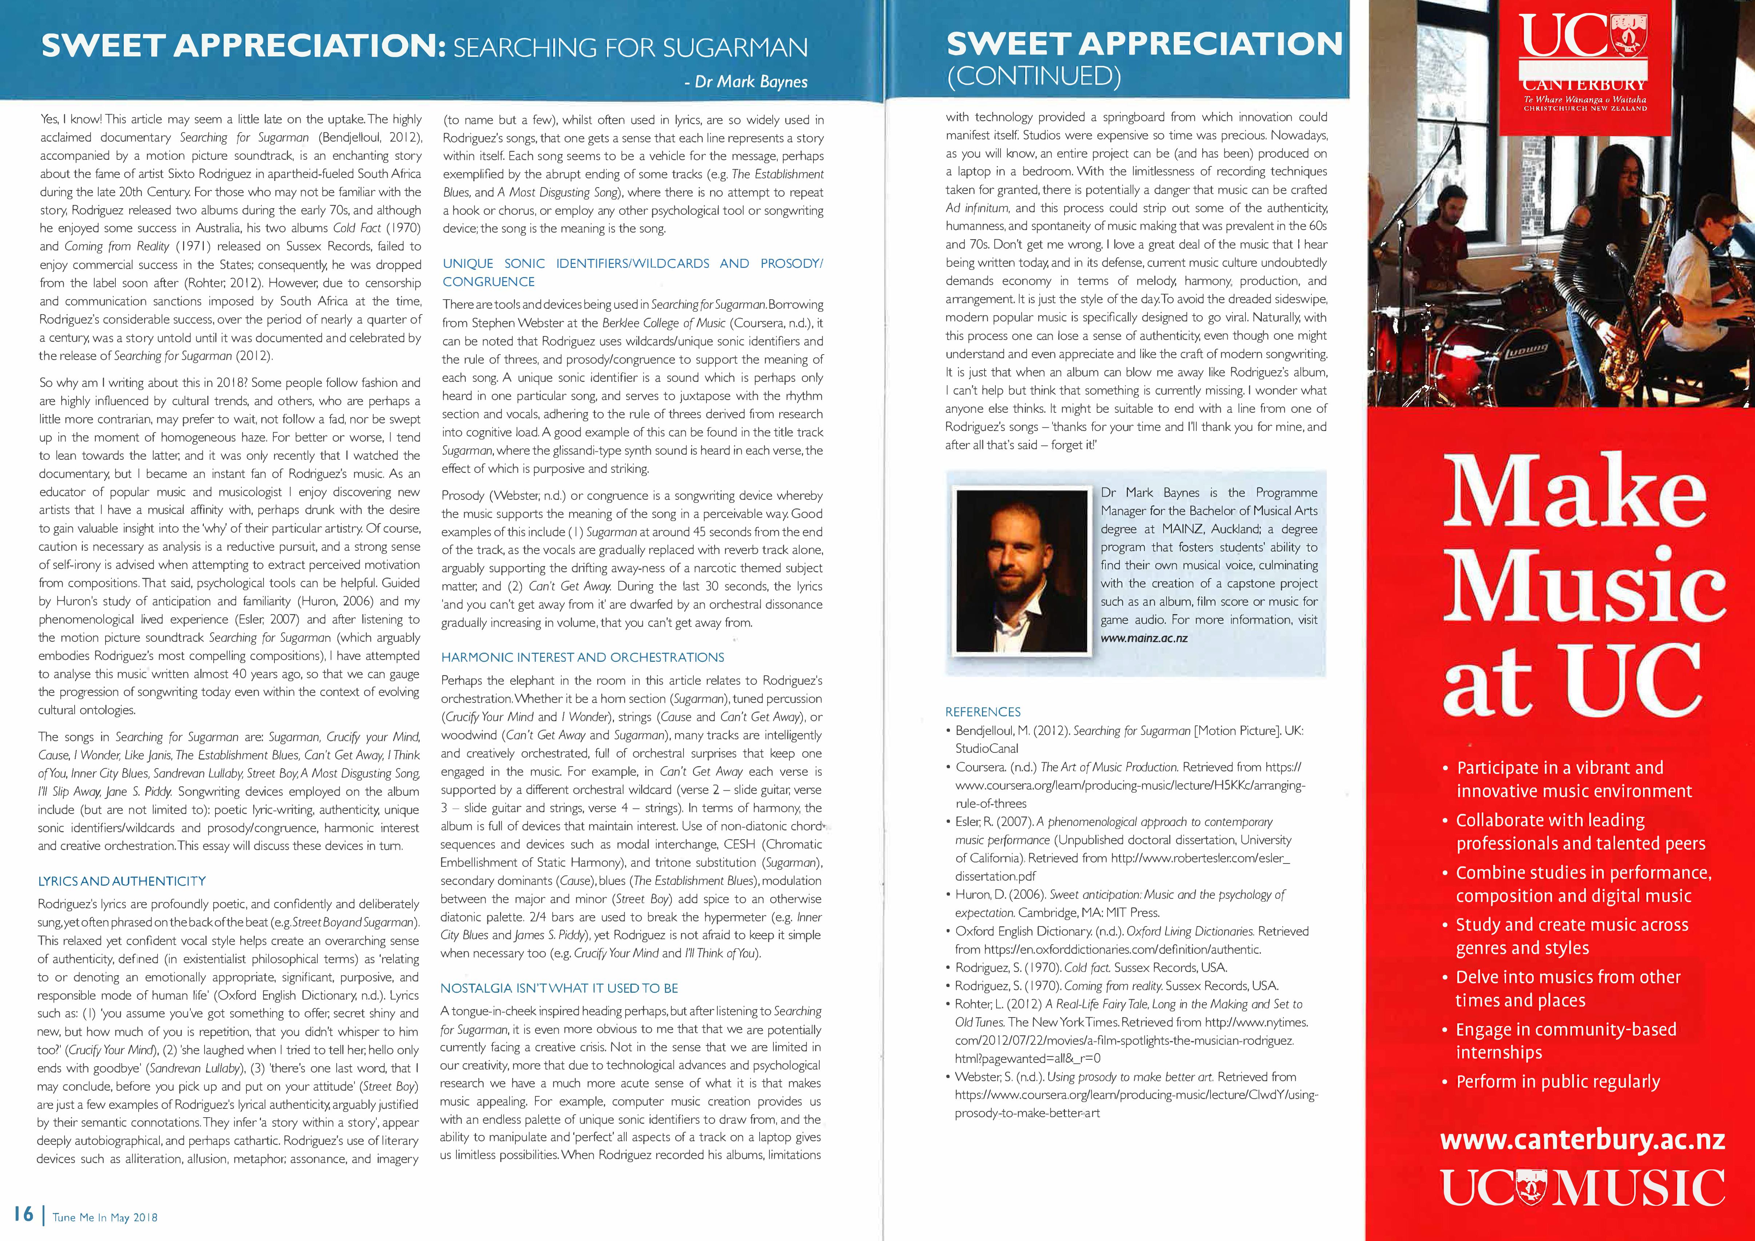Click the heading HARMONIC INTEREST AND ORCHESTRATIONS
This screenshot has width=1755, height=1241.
582,657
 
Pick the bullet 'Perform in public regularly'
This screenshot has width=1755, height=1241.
1558,1081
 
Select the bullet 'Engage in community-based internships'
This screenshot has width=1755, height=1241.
1565,1041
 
